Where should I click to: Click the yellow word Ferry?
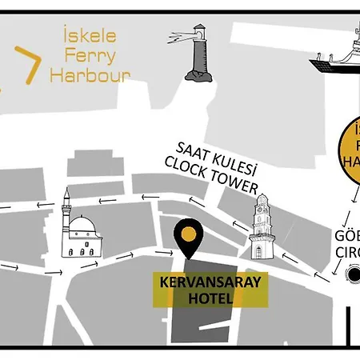pos(89,56)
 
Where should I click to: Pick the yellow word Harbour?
pos(90,75)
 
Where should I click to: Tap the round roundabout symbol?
pos(353,275)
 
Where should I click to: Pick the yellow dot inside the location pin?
pos(188,234)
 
